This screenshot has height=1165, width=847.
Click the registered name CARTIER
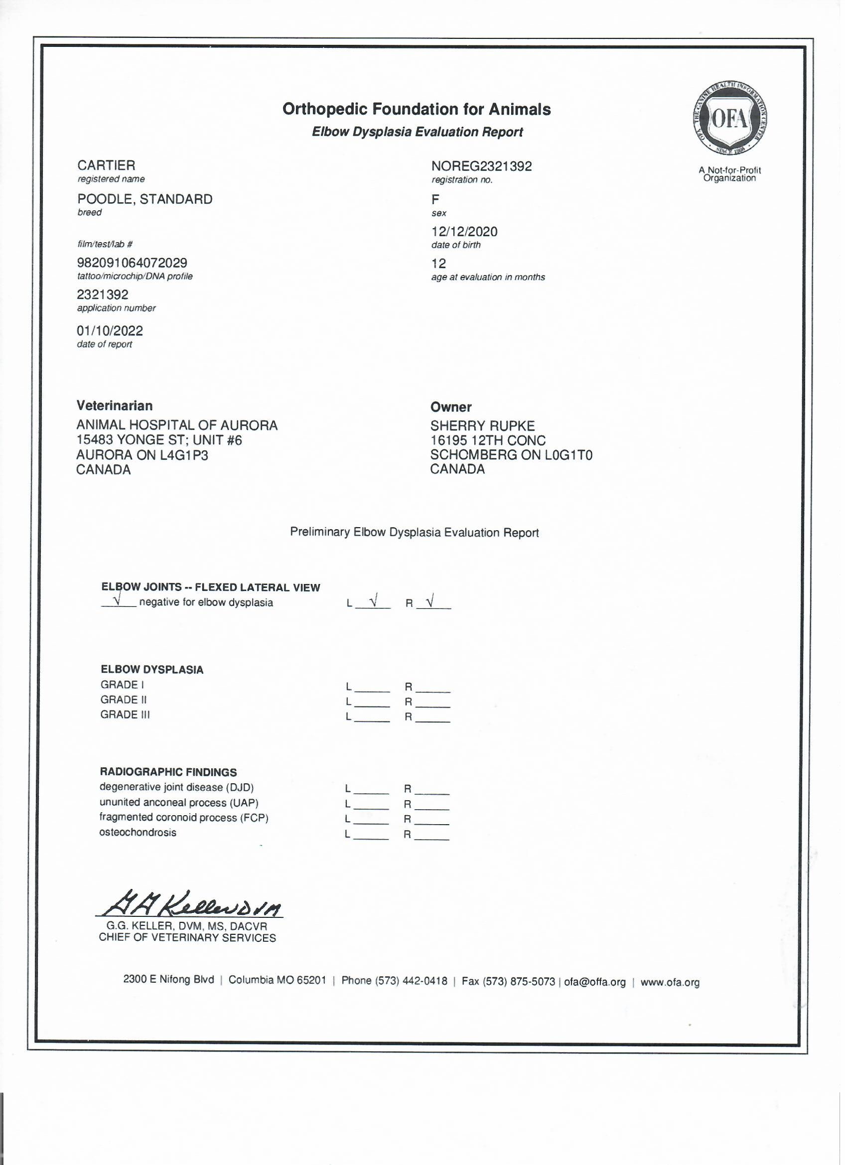107,166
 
